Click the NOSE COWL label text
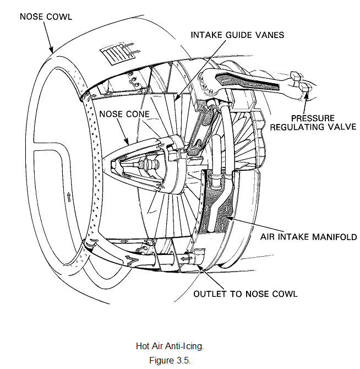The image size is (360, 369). tap(46, 17)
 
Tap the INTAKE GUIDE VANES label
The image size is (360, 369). tap(237, 35)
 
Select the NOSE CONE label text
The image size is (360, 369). tap(124, 114)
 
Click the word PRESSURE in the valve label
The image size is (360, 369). tap(313, 118)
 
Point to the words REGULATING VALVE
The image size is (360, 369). tap(313, 127)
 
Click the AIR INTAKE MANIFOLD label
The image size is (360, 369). tap(308, 237)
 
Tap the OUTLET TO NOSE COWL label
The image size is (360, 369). tap(246, 294)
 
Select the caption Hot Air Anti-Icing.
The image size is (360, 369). tap(170, 346)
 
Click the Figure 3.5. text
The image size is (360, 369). tap(170, 360)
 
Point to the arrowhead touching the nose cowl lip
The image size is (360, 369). tap(51, 49)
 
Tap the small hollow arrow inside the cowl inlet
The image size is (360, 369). tap(69, 197)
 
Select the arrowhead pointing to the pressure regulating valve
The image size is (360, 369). tap(307, 96)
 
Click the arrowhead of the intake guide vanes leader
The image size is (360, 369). tap(177, 98)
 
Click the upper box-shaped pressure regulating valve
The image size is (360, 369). tap(296, 75)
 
